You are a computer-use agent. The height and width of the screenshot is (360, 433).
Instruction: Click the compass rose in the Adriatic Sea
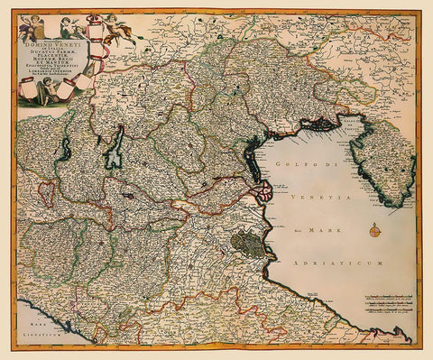[x=374, y=234]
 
